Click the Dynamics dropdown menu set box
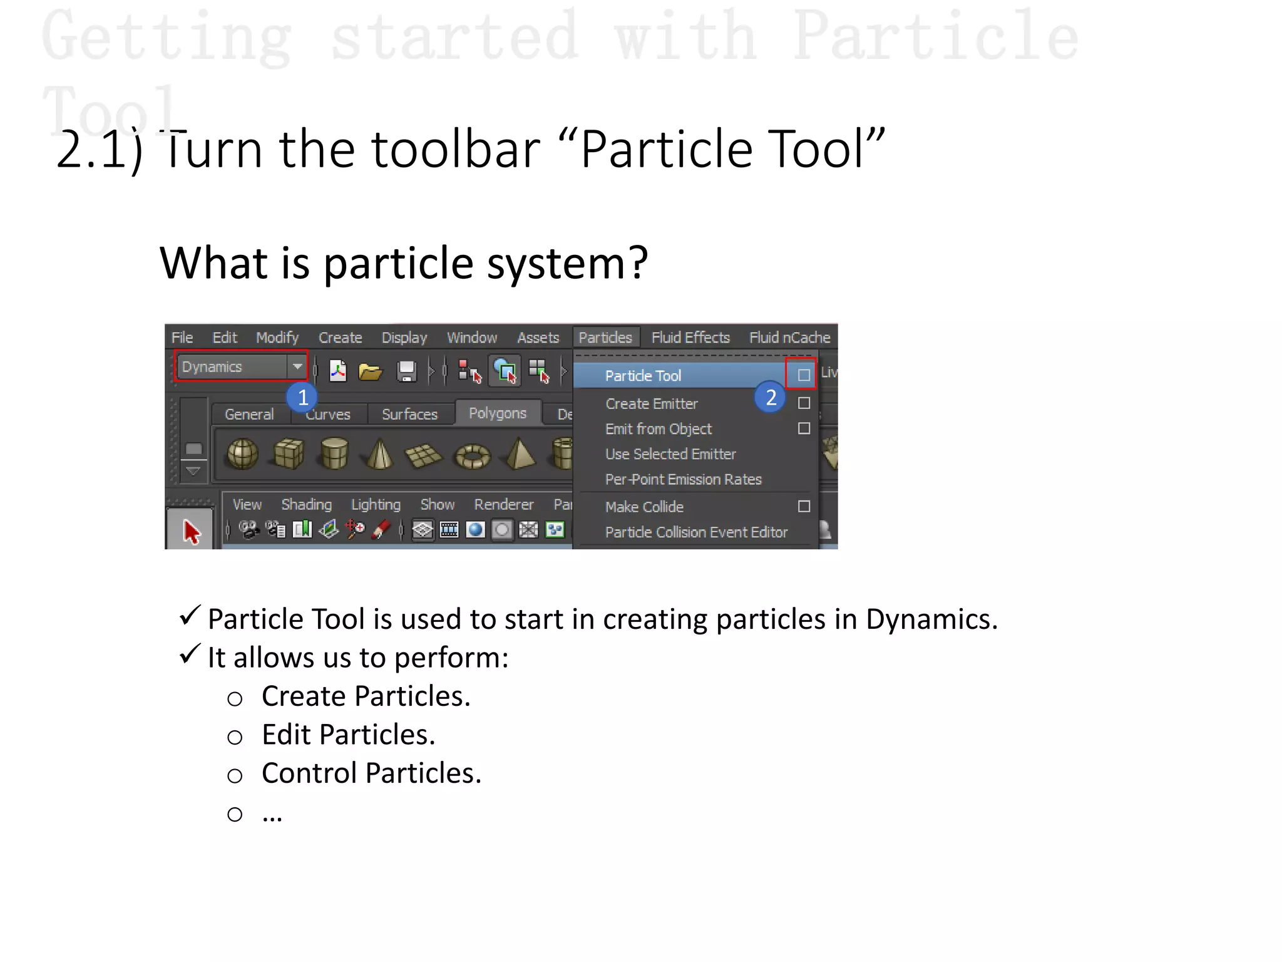coord(240,366)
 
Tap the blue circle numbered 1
coord(302,397)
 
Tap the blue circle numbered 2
coord(771,397)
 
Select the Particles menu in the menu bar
coord(605,338)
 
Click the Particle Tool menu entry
coord(644,376)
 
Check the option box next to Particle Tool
coord(804,375)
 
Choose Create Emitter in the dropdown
coord(651,404)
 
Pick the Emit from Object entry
coord(658,429)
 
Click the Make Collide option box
coord(804,506)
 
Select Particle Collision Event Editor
coord(696,532)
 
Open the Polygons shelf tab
coord(498,413)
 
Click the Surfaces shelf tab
coord(409,415)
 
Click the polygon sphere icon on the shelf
coord(243,453)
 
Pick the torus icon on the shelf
coord(473,455)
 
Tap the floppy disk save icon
coord(407,371)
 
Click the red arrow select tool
coord(191,532)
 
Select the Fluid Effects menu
coord(690,338)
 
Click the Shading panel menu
coord(306,505)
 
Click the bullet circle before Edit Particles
coord(235,737)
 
